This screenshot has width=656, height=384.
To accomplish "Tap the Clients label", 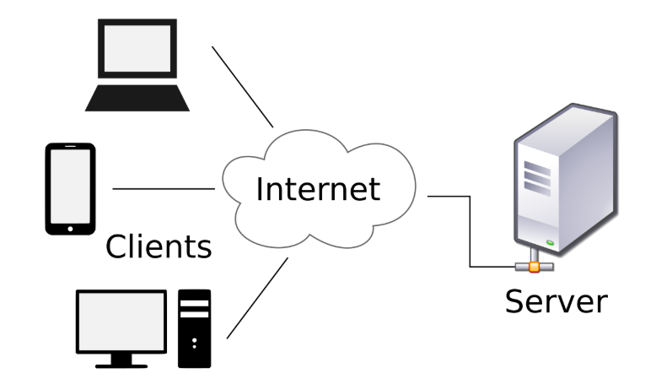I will coord(158,246).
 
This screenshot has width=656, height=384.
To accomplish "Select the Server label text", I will coord(556,300).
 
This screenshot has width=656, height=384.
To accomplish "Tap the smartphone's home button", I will coord(70,226).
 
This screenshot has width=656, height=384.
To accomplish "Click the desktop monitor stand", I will coord(121,360).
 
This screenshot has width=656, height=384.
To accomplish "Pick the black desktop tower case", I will coord(195,329).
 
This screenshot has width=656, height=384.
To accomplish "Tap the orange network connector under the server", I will coord(534,267).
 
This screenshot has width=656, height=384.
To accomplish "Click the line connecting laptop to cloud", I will coord(242,85).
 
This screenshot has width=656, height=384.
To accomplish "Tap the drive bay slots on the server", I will coord(535,177).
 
